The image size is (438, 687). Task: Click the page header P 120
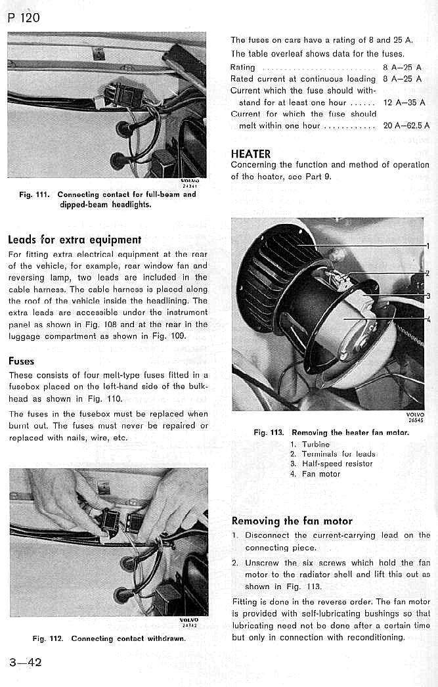click(x=24, y=18)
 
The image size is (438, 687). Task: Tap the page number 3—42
click(x=26, y=662)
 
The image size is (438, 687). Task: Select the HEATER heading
click(x=251, y=154)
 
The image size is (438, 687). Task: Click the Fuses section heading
click(x=22, y=361)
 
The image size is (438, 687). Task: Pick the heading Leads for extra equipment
click(x=74, y=240)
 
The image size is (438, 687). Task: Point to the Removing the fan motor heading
click(x=292, y=521)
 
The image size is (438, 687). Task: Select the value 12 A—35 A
click(x=404, y=102)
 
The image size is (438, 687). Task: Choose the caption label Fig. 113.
click(x=269, y=433)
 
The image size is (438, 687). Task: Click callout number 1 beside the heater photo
click(x=427, y=247)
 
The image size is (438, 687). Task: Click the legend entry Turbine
click(x=316, y=445)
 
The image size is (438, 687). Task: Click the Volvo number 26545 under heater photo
click(x=416, y=420)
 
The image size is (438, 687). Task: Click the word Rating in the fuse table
click(x=243, y=68)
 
